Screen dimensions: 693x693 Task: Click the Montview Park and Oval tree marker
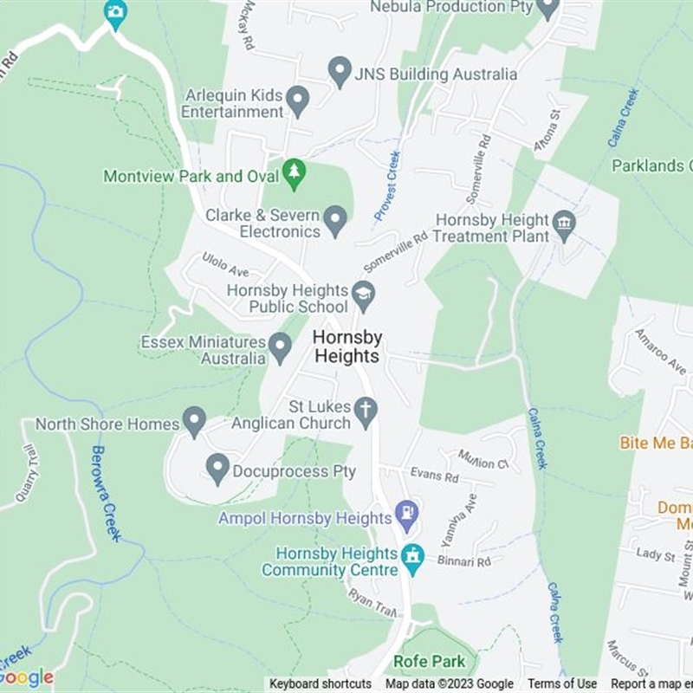pyautogui.click(x=295, y=174)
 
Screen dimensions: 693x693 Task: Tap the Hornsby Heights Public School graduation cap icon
pyautogui.click(x=363, y=295)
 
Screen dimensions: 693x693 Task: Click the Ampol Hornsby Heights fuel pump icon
pyautogui.click(x=406, y=516)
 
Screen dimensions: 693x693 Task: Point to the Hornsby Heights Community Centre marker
pyautogui.click(x=413, y=559)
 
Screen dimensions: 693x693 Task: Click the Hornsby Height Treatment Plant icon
pyautogui.click(x=564, y=227)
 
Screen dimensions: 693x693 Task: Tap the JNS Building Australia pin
pyautogui.click(x=340, y=71)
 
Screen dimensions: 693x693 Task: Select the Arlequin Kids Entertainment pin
pyautogui.click(x=298, y=100)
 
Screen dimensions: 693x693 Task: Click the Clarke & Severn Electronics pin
pyautogui.click(x=335, y=221)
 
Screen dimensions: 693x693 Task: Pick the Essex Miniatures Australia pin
pyautogui.click(x=280, y=347)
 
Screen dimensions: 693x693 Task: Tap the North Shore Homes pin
pyautogui.click(x=195, y=422)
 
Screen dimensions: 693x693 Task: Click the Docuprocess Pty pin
pyautogui.click(x=217, y=469)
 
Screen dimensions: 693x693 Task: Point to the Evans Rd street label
pyautogui.click(x=435, y=476)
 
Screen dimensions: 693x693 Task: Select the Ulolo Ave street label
pyautogui.click(x=225, y=264)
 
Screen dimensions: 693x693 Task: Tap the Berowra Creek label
pyautogui.click(x=104, y=494)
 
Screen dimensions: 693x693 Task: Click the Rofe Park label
pyautogui.click(x=430, y=661)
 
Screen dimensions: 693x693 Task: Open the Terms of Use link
pyautogui.click(x=562, y=684)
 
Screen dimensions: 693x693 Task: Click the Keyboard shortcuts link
pyautogui.click(x=321, y=684)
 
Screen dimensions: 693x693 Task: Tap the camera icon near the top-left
pyautogui.click(x=115, y=13)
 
